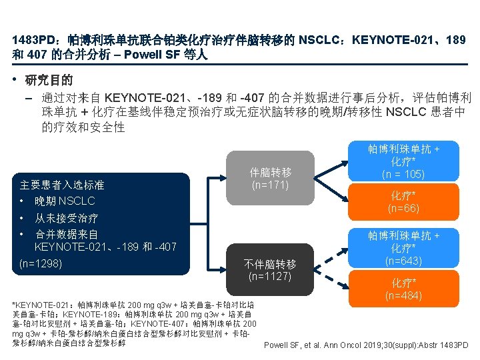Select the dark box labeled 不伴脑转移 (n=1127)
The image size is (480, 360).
tap(271, 266)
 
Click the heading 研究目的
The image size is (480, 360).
tap(49, 81)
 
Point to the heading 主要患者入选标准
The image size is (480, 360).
tap(62, 185)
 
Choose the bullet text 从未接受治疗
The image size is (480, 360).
tap(67, 218)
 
